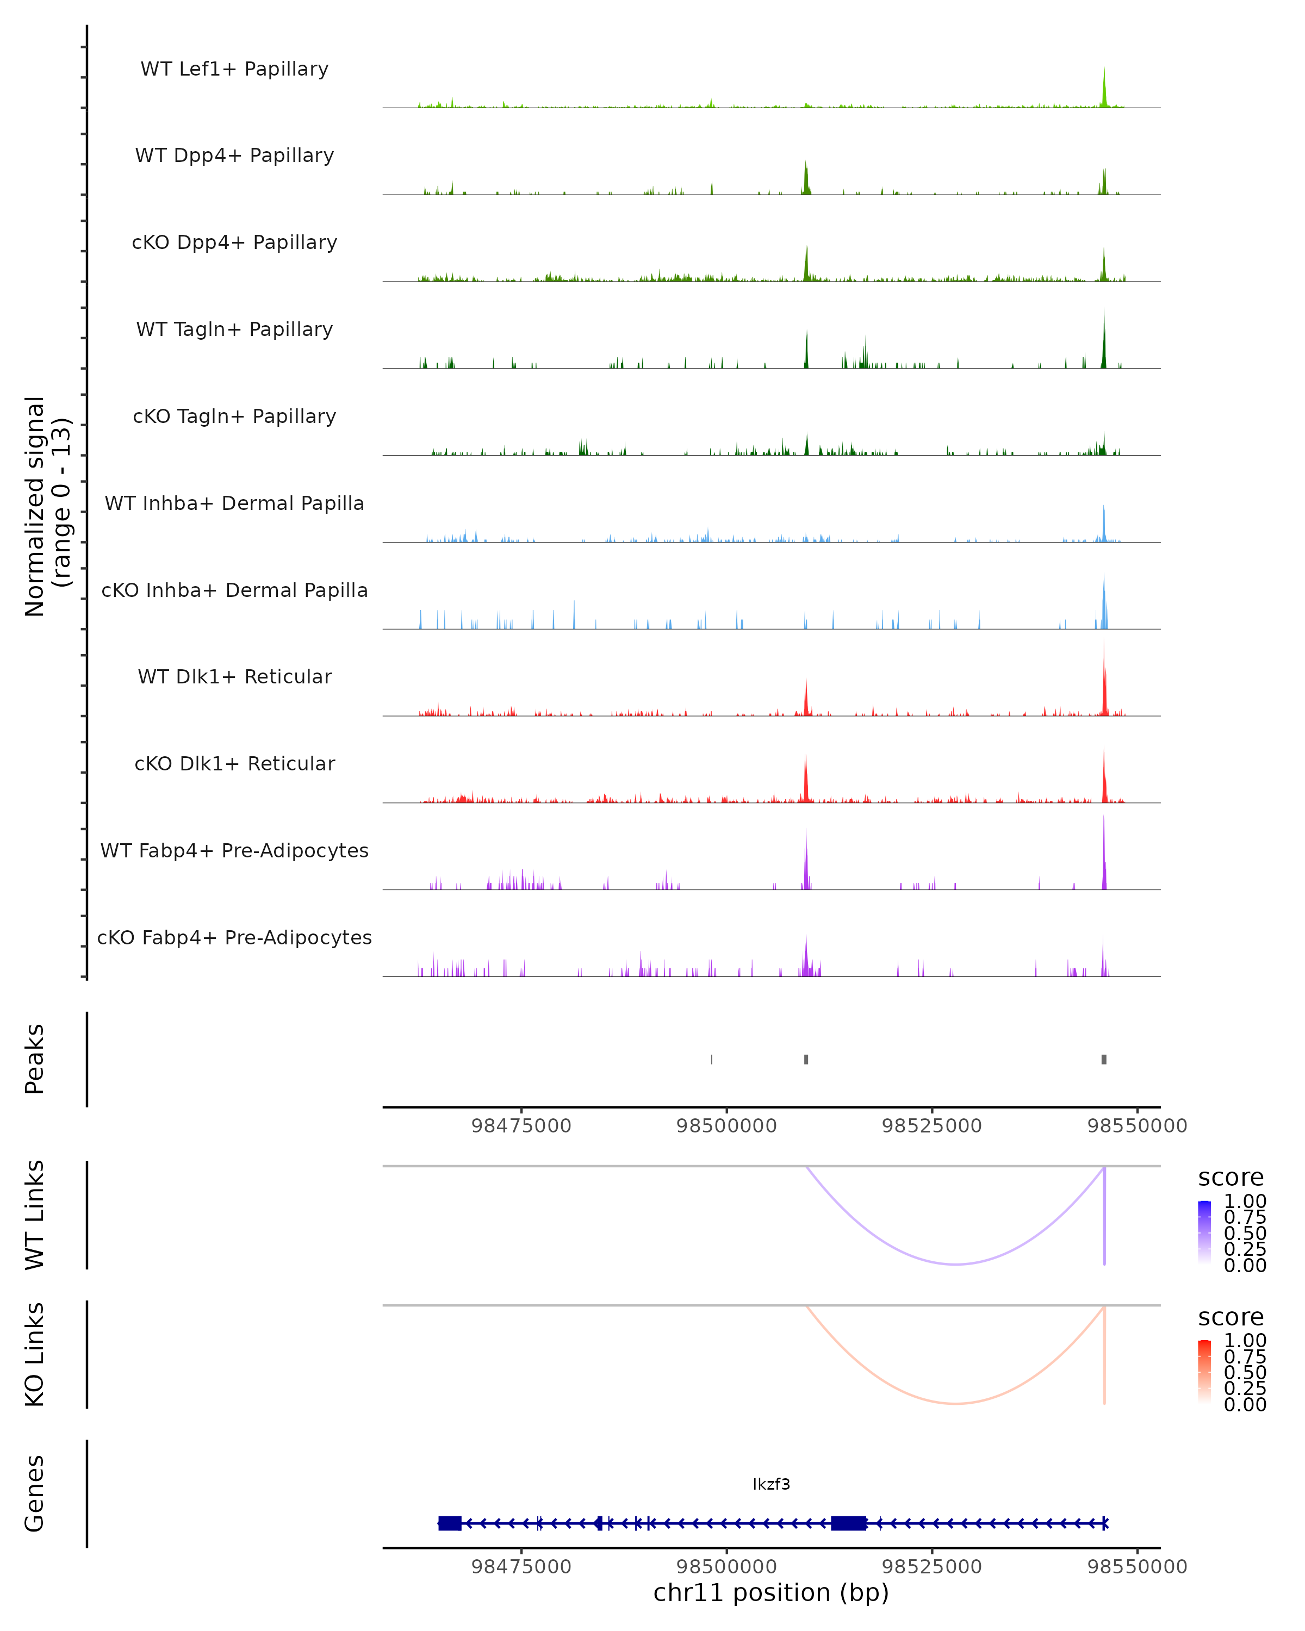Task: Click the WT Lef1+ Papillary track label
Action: [234, 69]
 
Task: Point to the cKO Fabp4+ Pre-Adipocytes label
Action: [234, 937]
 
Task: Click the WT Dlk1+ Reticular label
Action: [234, 676]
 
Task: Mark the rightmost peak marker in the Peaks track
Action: [1104, 1059]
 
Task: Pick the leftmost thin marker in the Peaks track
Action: [711, 1059]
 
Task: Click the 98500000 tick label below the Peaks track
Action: [726, 1126]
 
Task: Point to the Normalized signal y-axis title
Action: [47, 507]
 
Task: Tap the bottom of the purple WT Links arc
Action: [956, 1264]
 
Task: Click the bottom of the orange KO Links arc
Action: [956, 1403]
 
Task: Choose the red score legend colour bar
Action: [1204, 1372]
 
